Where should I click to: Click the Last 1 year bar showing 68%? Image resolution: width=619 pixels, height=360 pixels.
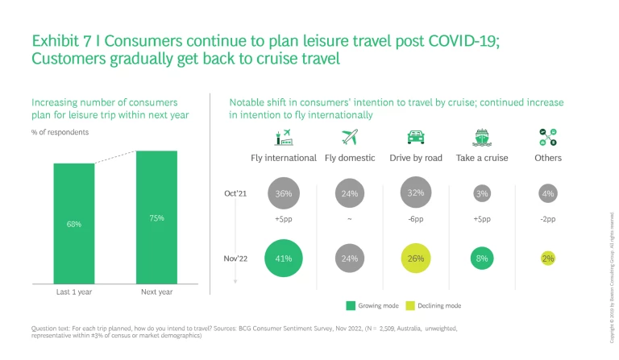tap(73, 223)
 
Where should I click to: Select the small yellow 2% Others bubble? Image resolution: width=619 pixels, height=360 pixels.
tap(548, 259)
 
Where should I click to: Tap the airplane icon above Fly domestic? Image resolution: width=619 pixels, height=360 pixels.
tap(350, 137)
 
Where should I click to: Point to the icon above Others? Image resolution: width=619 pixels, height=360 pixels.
tap(548, 137)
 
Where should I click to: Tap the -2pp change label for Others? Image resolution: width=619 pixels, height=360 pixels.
tap(548, 220)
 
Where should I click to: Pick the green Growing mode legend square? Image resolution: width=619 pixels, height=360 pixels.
tap(351, 306)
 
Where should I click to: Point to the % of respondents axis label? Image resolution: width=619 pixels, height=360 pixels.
tap(60, 131)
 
